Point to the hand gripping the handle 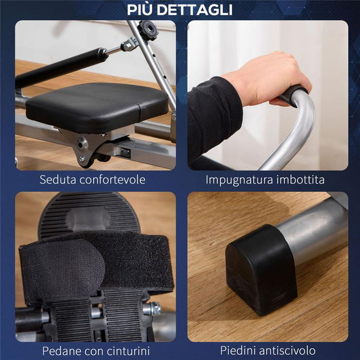point(267,77)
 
